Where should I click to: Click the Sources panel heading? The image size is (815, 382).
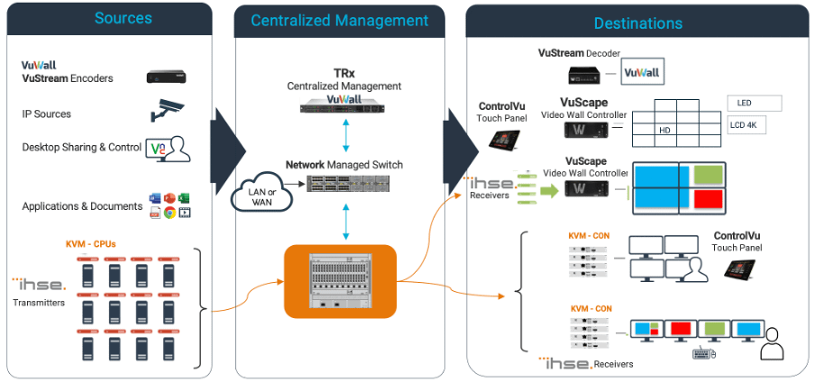(123, 18)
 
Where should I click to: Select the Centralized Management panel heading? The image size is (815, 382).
(339, 20)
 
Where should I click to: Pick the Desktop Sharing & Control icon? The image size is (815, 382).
(171, 148)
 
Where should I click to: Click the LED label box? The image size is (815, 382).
(753, 104)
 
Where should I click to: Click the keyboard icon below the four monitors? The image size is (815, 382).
(704, 355)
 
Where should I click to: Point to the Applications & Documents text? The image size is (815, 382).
(82, 206)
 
